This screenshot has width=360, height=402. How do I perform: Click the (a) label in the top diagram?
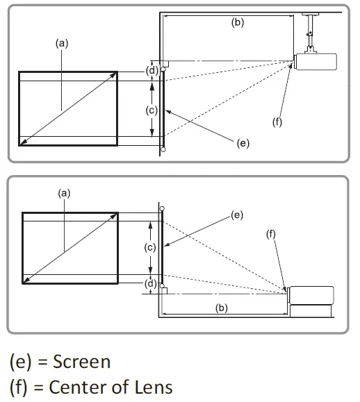click(x=62, y=42)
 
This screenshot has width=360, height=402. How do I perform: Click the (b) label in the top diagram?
click(x=237, y=22)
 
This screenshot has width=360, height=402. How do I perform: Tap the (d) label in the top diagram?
click(x=148, y=71)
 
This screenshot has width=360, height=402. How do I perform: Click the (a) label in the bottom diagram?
click(x=64, y=194)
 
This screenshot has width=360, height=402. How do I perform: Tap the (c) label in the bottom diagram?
click(x=148, y=247)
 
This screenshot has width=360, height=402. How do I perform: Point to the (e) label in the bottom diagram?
click(x=236, y=215)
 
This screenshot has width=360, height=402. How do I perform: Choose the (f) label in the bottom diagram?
click(x=271, y=235)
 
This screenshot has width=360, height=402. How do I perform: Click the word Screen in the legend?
click(x=80, y=361)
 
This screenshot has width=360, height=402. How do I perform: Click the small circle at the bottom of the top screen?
click(x=163, y=149)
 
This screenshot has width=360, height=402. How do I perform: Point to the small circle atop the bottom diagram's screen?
click(x=162, y=208)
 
